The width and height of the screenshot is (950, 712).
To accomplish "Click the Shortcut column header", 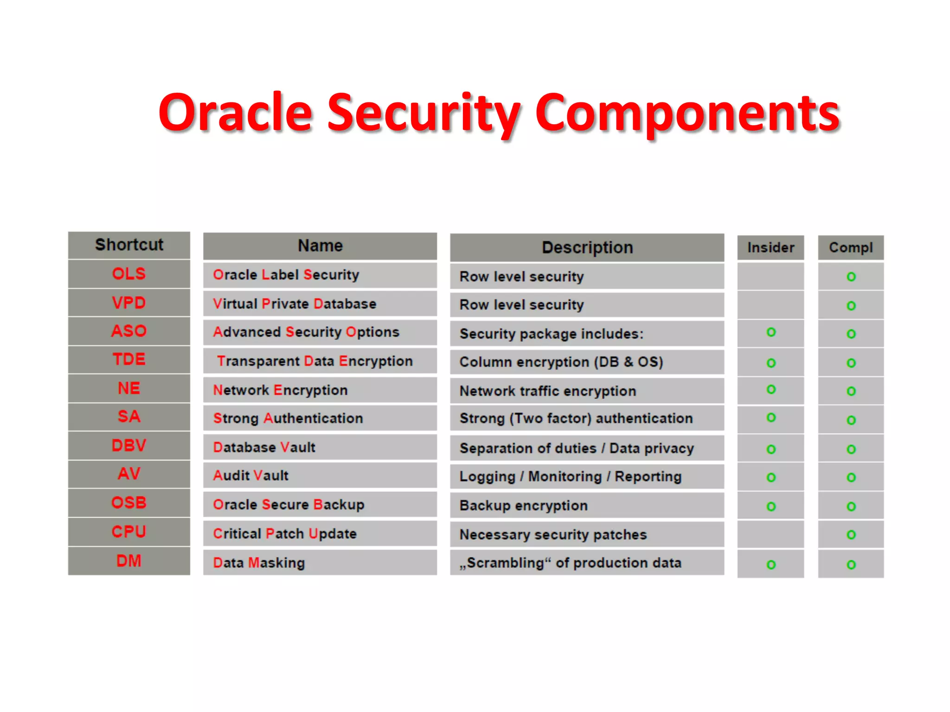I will [129, 245].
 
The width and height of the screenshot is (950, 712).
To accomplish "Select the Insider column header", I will [770, 248].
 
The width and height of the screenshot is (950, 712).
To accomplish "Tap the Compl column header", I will [851, 248].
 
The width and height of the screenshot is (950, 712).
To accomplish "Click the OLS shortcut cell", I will [129, 274].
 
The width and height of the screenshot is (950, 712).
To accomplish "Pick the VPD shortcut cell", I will [129, 303].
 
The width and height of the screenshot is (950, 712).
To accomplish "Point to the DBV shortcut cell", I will [129, 445].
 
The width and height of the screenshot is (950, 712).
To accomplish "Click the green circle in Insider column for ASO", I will [771, 332].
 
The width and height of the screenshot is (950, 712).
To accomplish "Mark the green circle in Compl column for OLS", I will [851, 277].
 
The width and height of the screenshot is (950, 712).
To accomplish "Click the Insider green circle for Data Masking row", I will [771, 565].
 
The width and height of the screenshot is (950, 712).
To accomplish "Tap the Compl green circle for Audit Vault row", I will [851, 477].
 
